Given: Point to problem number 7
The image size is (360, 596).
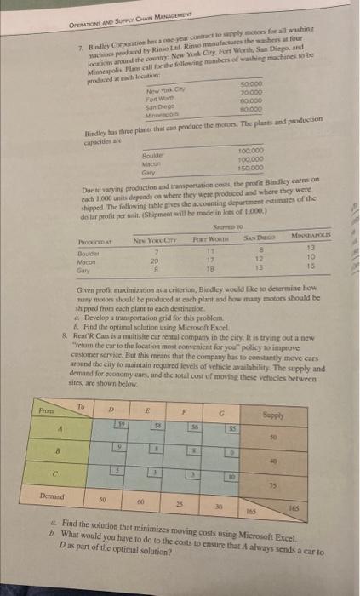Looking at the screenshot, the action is (79, 43).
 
